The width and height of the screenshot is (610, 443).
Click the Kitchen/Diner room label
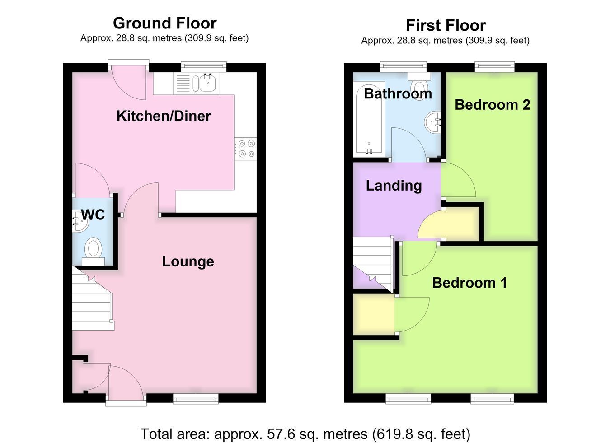(164, 116)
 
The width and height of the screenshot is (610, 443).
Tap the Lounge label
(188, 261)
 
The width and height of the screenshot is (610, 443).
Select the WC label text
(93, 215)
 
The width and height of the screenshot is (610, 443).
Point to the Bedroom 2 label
(493, 105)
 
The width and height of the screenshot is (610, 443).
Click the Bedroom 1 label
(470, 283)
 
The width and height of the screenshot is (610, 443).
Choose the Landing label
(394, 186)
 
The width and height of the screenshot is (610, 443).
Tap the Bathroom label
(398, 93)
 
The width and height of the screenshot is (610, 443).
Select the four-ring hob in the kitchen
(245, 149)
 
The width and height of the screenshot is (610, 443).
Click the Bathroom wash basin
(433, 122)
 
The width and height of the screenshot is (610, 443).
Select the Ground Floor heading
(165, 23)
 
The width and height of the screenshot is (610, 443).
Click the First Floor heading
(446, 26)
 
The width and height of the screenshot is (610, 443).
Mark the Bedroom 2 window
(494, 67)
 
